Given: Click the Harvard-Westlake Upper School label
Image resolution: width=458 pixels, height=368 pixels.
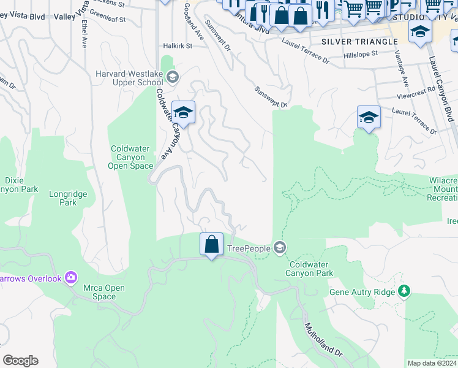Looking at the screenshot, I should (x=129, y=78).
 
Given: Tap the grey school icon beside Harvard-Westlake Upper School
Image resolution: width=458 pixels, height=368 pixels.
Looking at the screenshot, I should (x=173, y=77).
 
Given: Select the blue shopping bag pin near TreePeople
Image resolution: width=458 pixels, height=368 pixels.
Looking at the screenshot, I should (x=211, y=244).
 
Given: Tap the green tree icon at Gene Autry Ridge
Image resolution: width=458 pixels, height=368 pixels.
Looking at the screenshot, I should (x=404, y=291).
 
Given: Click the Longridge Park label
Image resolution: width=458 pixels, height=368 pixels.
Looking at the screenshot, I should (x=68, y=199).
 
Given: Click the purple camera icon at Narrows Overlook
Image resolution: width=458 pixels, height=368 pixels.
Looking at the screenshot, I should (x=71, y=278).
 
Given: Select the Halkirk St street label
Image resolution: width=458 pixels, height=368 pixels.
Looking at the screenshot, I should (x=178, y=45).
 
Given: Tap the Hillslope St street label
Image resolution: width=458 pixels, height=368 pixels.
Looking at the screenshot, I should (x=362, y=55).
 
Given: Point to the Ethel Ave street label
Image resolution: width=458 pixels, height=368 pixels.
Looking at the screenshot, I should (x=84, y=34).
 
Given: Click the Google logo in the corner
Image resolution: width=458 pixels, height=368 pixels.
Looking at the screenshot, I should (x=20, y=361).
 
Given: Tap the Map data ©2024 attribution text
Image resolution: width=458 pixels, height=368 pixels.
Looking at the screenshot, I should (x=432, y=363).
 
